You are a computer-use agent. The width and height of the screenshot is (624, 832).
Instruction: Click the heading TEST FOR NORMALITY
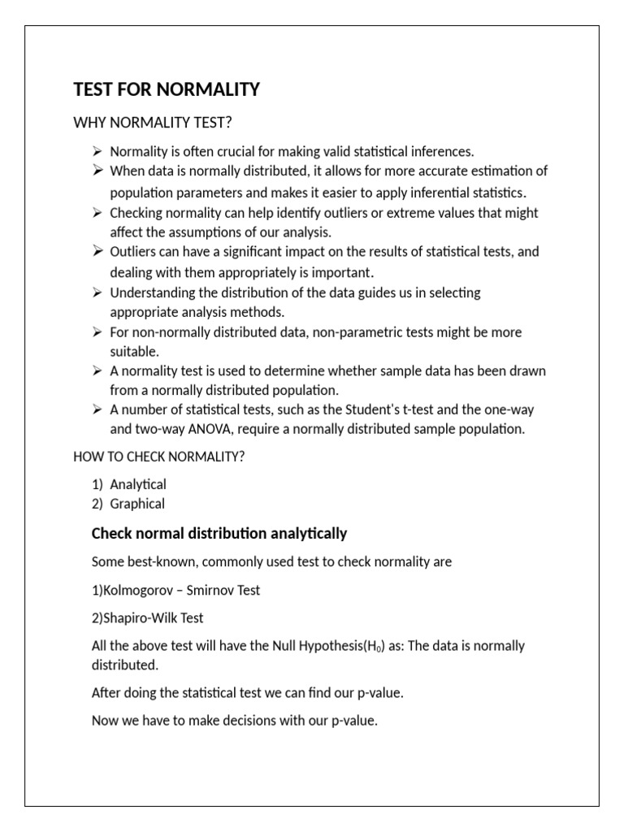coord(167,89)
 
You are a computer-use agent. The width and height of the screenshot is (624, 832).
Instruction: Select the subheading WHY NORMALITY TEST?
coord(153,123)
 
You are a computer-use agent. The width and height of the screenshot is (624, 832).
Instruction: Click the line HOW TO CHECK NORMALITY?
coord(158,457)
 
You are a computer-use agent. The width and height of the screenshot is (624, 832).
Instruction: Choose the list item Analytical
coord(138,484)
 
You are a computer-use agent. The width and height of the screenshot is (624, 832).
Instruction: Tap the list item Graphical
coord(137,504)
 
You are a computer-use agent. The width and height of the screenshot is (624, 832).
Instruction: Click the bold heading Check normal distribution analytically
coord(219,533)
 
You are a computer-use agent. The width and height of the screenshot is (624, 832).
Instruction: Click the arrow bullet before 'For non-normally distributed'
coord(97,331)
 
